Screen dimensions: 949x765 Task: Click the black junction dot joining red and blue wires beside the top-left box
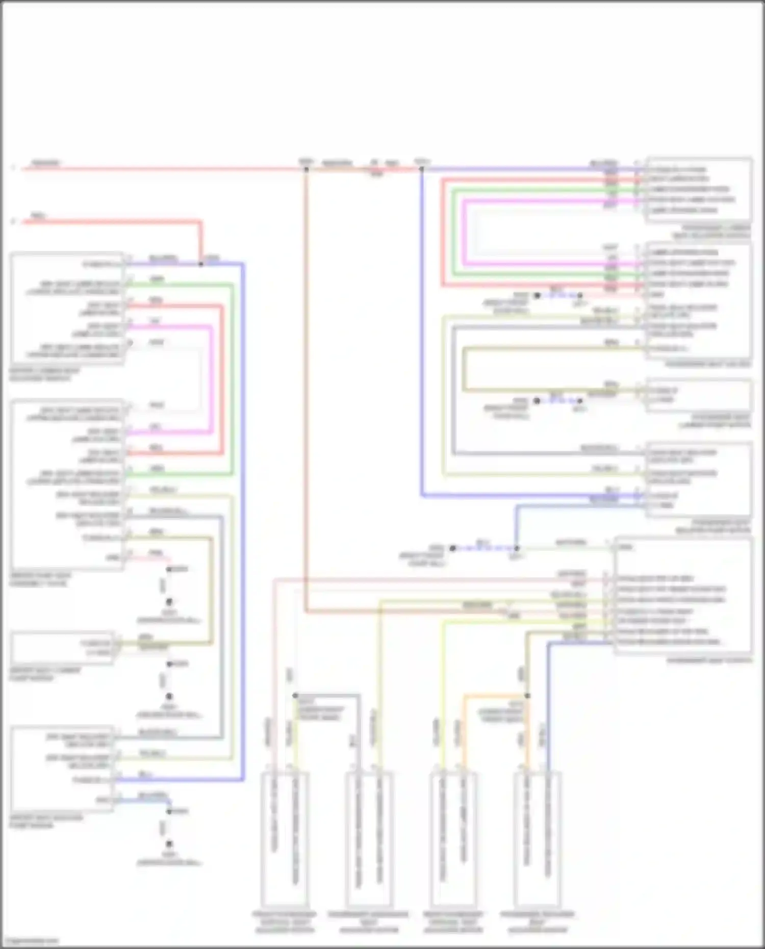pos(200,264)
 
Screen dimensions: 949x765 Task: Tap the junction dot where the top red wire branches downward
pos(306,169)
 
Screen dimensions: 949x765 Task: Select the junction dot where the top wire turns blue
pos(421,169)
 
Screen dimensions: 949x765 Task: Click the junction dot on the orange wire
pos(527,696)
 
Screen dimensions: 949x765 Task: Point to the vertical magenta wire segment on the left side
pos(211,380)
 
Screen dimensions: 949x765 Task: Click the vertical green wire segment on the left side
pos(232,380)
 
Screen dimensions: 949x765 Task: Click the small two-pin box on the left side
pos(62,648)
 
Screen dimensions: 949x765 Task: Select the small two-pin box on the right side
pos(699,395)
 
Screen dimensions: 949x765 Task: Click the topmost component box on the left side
pos(67,309)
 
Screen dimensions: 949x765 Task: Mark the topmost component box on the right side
pos(699,190)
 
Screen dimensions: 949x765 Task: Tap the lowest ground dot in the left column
pos(169,844)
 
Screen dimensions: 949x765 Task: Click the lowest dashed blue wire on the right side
pos(484,548)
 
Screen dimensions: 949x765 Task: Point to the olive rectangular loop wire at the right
pos(464,370)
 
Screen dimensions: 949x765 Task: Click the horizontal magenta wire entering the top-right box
pos(551,200)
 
